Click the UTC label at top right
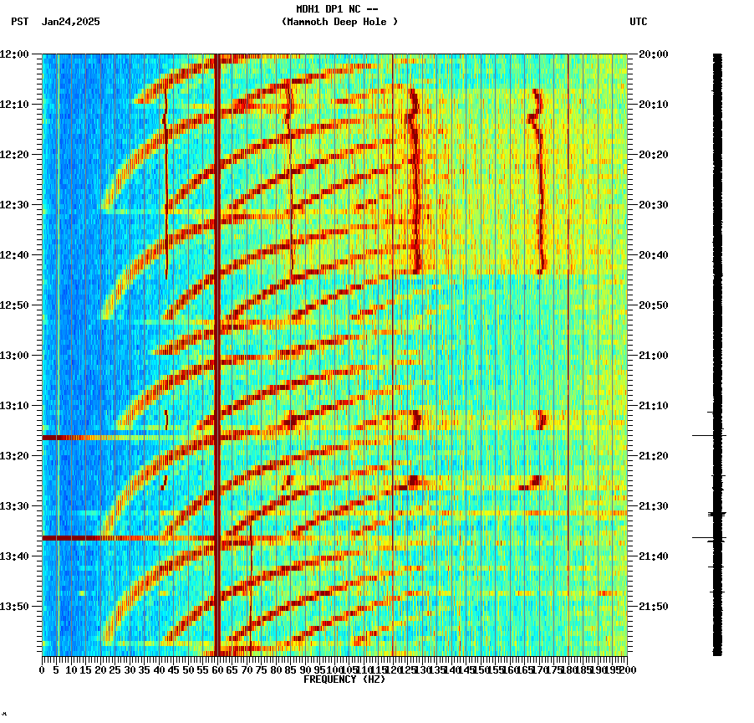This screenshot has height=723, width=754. click(639, 22)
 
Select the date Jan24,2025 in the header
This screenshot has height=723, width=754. click(71, 22)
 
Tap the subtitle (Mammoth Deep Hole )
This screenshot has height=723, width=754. click(339, 22)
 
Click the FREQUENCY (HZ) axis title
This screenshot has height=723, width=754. click(344, 679)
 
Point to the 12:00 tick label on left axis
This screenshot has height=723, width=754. click(14, 54)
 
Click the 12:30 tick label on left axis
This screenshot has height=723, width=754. click(14, 205)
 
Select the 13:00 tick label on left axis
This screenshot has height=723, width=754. click(14, 356)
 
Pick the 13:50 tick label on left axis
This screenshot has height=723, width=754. click(14, 607)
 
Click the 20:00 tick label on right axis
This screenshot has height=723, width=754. click(654, 54)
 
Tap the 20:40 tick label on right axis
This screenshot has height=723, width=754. click(654, 255)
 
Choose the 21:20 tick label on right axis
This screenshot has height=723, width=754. click(654, 456)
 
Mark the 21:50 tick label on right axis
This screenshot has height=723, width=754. click(654, 607)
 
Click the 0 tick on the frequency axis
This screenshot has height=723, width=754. click(43, 670)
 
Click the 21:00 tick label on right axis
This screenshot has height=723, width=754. click(654, 356)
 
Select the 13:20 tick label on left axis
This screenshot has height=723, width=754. click(14, 456)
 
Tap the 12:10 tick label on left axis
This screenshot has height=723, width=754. click(14, 105)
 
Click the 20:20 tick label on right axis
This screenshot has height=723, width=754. click(654, 155)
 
